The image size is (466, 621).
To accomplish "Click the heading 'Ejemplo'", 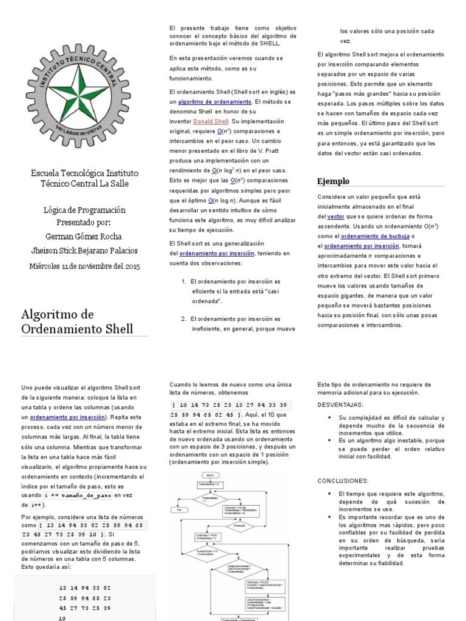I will coord(333,181).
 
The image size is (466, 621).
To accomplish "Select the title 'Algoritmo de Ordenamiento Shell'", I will coord(76,321).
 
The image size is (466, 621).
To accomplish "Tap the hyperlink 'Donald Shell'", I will coord(212,121).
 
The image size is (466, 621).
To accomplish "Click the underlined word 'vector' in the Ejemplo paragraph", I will coord(335,217).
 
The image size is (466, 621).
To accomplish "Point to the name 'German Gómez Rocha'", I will coord(84,236).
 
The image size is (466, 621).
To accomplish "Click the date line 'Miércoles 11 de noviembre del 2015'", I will coord(84,266).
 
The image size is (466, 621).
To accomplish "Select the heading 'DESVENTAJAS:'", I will coord(340,404).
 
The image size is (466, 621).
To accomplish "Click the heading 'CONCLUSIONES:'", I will coord(343,480).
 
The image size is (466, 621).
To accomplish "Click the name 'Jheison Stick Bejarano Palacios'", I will coord(84,250).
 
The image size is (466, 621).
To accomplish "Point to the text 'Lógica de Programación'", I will coord(84,210).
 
